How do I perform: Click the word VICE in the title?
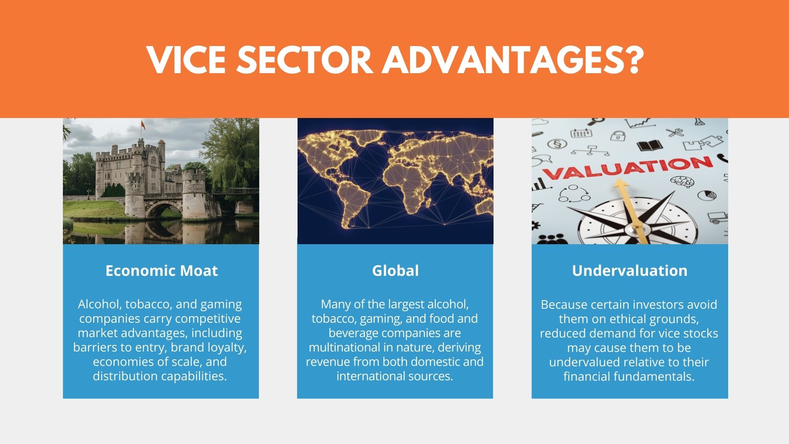tap(187, 60)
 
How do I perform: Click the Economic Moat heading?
tap(161, 271)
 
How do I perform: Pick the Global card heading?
tap(395, 271)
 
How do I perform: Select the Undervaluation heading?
tap(630, 271)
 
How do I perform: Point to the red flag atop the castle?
tap(143, 125)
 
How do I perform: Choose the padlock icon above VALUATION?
tap(617, 135)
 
